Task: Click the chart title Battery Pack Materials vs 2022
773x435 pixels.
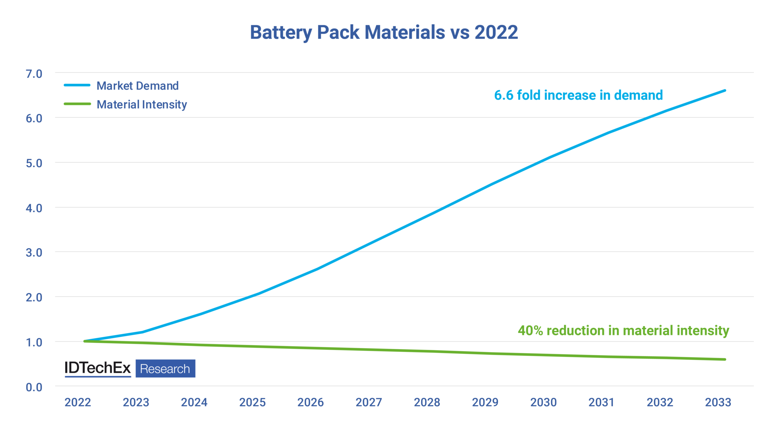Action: click(383, 32)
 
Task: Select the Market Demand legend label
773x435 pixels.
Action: click(137, 86)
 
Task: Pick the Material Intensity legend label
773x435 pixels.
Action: click(142, 104)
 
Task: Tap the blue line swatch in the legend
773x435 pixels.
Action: click(77, 85)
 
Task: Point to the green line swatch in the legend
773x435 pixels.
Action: click(77, 104)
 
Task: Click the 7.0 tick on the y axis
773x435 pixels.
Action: click(34, 74)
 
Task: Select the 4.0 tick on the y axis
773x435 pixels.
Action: click(34, 208)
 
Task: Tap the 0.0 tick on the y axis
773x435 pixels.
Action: click(34, 387)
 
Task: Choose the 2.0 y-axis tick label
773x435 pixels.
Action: click(34, 298)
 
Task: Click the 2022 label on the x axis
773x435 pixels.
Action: click(78, 403)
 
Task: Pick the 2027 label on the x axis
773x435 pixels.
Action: click(369, 403)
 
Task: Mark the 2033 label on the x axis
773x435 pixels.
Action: click(718, 403)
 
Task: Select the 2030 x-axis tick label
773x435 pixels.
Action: click(544, 403)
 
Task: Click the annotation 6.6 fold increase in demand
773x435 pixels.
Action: click(578, 95)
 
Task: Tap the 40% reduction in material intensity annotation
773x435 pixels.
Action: click(623, 331)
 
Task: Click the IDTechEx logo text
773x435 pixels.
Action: click(98, 368)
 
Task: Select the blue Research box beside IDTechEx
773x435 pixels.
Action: click(165, 369)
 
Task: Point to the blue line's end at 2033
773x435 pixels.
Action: click(725, 91)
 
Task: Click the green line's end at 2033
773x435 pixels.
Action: click(725, 359)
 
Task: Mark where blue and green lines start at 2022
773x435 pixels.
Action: click(85, 341)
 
